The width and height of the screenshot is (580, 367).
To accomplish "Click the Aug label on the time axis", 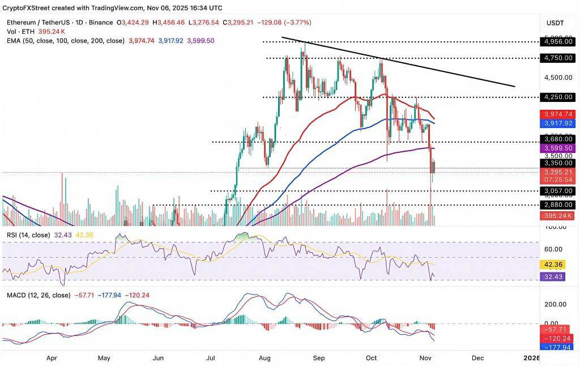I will pyautogui.click(x=265, y=358).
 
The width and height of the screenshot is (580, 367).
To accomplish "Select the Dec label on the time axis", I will pyautogui.click(x=477, y=358).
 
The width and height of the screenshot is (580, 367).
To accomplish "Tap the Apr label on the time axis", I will pyautogui.click(x=52, y=358).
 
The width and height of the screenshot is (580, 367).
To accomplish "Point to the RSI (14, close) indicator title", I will pyautogui.click(x=28, y=234).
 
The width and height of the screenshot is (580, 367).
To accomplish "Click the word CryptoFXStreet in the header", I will pyautogui.click(x=29, y=8).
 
